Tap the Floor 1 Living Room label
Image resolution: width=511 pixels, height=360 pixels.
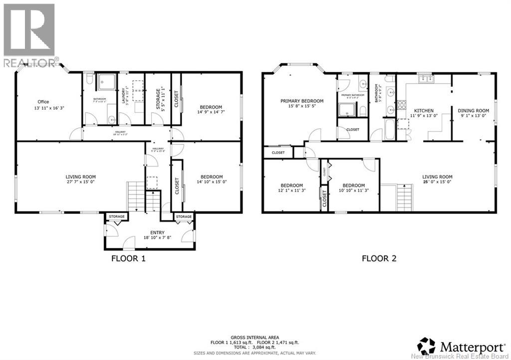click(x=80, y=177)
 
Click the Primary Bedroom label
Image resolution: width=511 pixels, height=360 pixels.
click(x=301, y=101)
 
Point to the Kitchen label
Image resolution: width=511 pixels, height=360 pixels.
click(x=422, y=111)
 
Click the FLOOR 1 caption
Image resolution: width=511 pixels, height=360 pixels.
click(x=128, y=258)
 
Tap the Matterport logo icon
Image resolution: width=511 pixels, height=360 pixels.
click(x=427, y=345)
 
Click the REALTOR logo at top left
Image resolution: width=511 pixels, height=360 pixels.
click(x=29, y=35)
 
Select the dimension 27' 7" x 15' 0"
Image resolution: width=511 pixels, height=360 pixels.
click(x=80, y=182)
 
